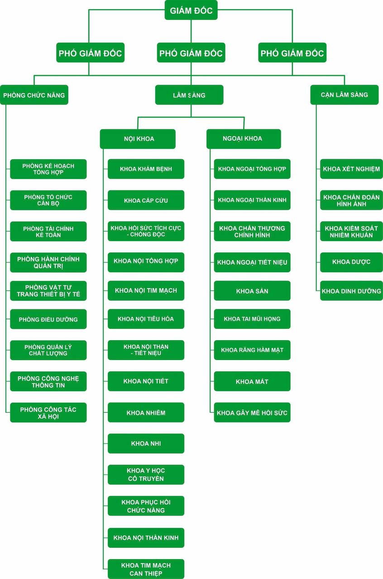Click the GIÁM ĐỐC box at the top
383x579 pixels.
(x=191, y=10)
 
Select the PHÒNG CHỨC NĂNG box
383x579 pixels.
(x=34, y=95)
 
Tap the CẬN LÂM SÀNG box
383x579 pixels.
(x=345, y=95)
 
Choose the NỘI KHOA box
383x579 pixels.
(x=138, y=139)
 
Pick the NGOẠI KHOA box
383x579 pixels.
(x=244, y=139)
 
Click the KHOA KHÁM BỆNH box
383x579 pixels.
(x=146, y=169)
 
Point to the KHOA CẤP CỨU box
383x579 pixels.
(x=146, y=200)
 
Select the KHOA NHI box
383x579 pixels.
(x=146, y=444)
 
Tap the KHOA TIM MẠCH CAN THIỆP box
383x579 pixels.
(x=146, y=569)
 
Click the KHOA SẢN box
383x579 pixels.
(x=252, y=291)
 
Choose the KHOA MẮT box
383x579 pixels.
(x=252, y=381)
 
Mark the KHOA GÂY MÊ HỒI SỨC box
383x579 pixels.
(x=252, y=413)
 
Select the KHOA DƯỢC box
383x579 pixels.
(x=351, y=262)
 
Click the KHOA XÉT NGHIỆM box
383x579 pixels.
(x=351, y=169)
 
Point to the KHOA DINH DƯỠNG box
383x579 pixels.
(x=351, y=291)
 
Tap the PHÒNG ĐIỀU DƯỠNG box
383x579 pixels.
(x=48, y=319)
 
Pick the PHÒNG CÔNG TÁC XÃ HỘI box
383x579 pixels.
(x=48, y=413)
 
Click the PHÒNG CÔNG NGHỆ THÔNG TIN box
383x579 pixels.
(x=48, y=381)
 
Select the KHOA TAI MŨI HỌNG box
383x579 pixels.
(x=252, y=319)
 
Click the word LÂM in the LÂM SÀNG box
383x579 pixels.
(x=179, y=95)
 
